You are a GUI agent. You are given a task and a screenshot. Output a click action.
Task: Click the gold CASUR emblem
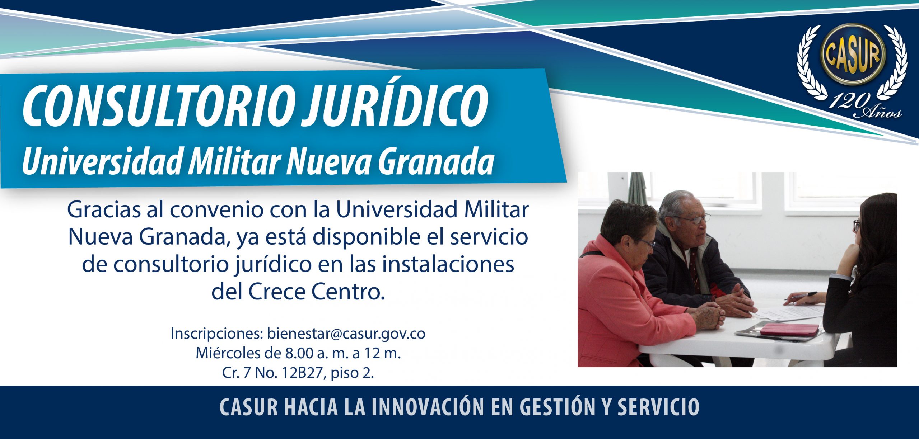853,55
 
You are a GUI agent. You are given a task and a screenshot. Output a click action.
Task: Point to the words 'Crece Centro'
314,292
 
